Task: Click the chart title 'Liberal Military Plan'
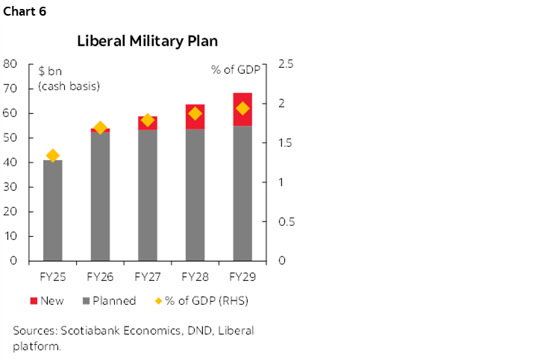147,41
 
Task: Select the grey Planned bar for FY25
52,210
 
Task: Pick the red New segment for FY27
147,124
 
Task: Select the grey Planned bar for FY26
100,196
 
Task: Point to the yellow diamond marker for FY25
52,156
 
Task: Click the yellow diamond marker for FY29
242,109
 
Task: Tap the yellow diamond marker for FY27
147,120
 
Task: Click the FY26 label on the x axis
100,277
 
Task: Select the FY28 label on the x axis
195,277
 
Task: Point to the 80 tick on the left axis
10,64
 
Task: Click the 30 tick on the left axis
10,187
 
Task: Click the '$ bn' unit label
52,71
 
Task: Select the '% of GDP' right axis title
236,71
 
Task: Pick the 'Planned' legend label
114,301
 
